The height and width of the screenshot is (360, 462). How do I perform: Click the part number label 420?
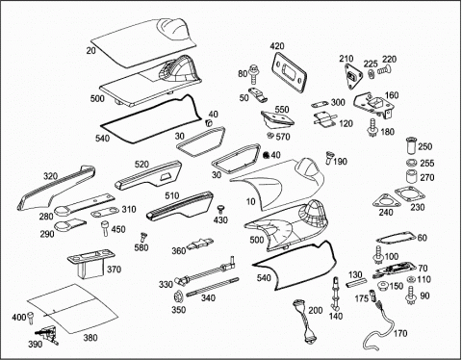click(277, 46)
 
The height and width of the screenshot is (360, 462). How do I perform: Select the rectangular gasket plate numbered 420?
click(290, 72)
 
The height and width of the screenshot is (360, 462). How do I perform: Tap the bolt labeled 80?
click(253, 73)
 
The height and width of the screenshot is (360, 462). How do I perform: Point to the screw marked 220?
click(382, 69)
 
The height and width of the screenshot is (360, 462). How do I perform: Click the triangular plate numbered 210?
click(354, 76)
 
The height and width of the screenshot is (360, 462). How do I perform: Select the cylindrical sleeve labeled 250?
click(411, 146)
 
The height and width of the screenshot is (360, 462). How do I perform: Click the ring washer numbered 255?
click(411, 163)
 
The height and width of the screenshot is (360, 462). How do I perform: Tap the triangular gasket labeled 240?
click(386, 201)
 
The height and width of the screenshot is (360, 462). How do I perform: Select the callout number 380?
click(90, 338)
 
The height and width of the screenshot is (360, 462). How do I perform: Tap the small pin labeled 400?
click(31, 318)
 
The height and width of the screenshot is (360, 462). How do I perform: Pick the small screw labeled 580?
click(142, 238)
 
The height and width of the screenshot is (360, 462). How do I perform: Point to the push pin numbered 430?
click(220, 210)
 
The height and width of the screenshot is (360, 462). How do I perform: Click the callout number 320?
click(51, 176)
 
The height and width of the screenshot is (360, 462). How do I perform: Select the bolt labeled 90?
click(410, 296)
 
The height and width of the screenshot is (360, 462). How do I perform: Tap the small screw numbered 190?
click(329, 158)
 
